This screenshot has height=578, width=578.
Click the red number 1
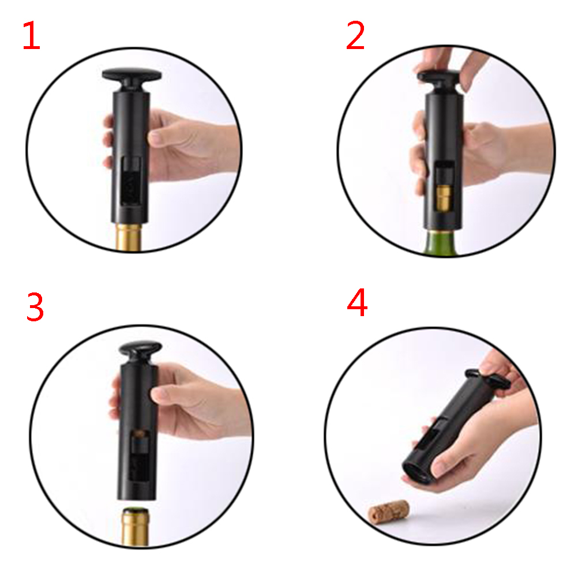coord(31,35)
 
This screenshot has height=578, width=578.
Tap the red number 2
coord(355,35)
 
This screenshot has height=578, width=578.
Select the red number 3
coord(35,307)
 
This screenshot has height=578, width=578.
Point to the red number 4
coord(357,302)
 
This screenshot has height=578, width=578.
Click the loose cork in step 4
coord(389,509)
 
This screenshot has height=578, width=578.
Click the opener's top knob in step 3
coord(140,351)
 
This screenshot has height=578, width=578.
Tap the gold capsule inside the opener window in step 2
coord(443,200)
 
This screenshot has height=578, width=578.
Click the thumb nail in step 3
coord(159,395)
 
